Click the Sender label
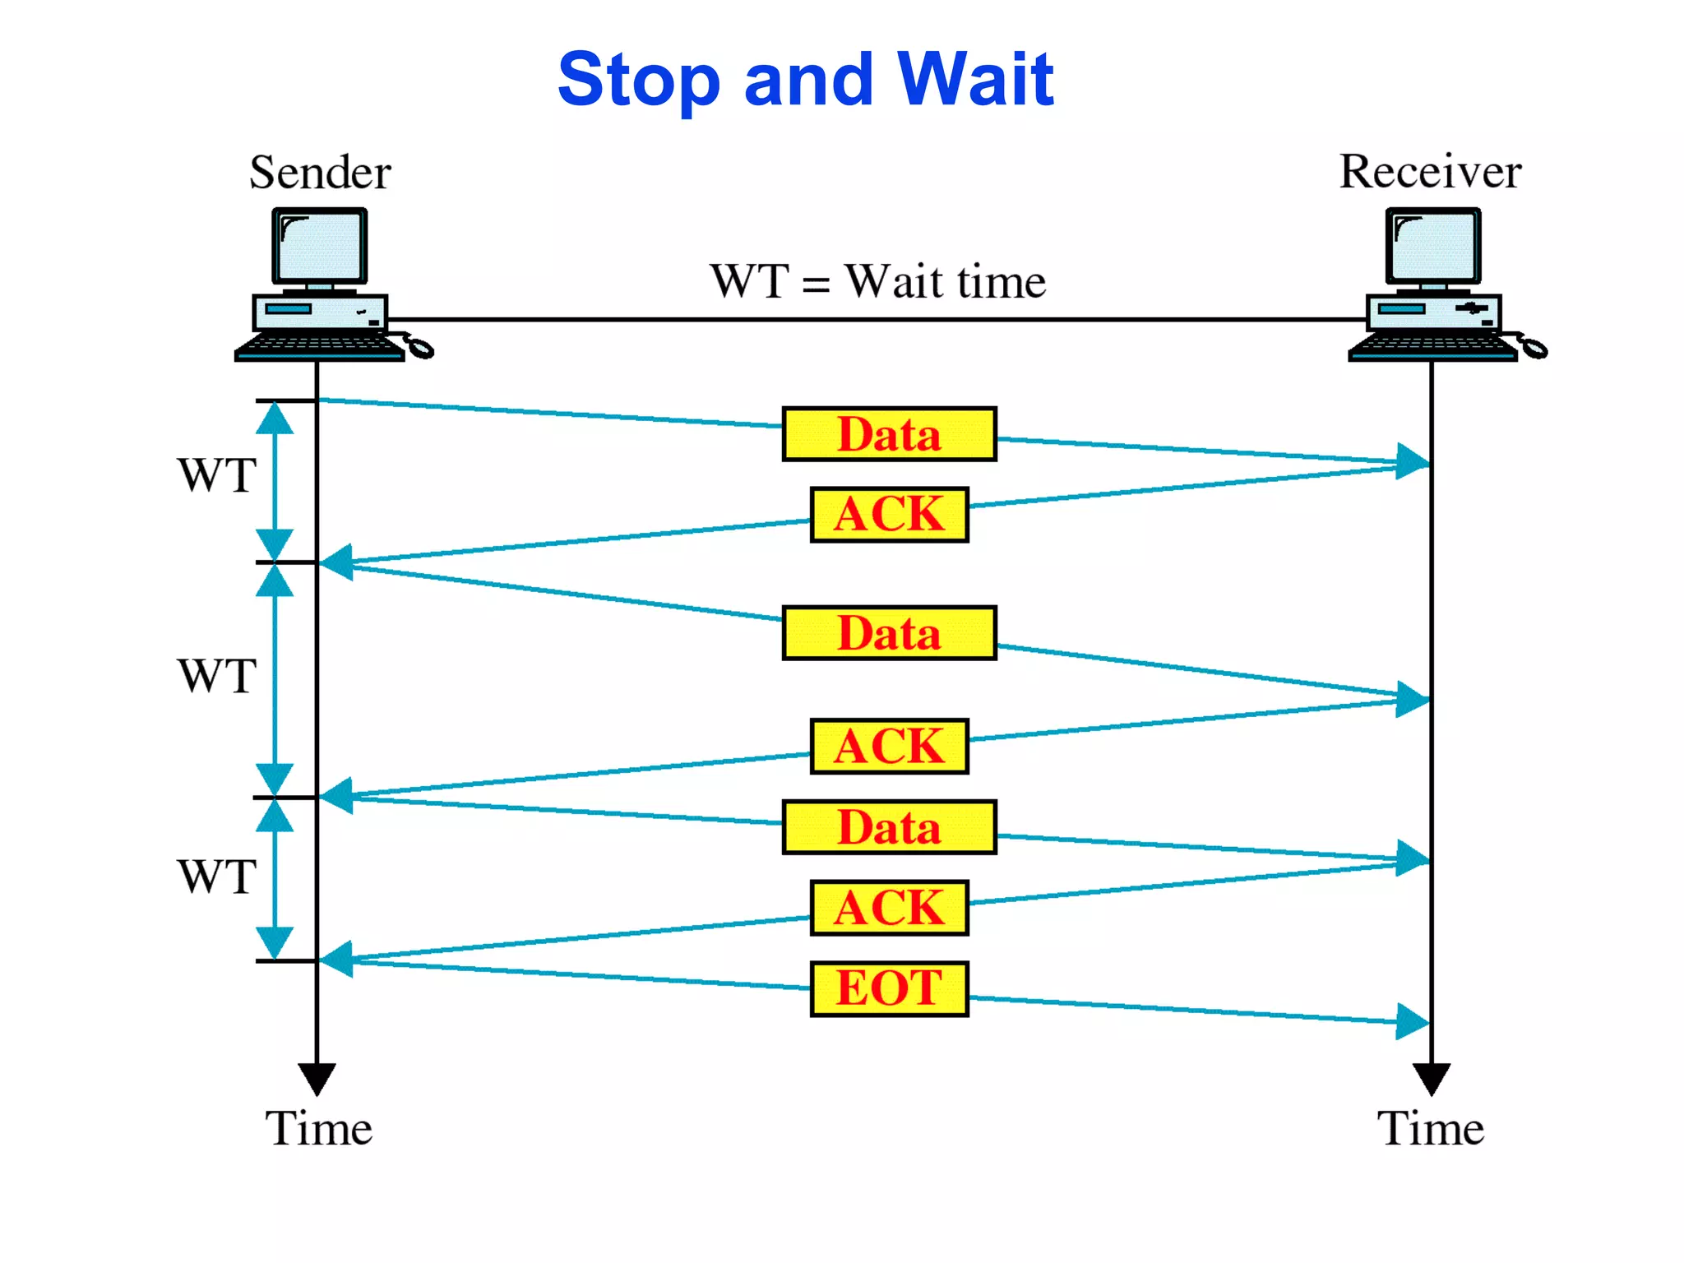tap(320, 173)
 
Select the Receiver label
tap(1430, 172)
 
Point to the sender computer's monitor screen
tap(320, 246)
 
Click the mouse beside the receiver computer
tap(1533, 349)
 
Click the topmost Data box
tap(889, 434)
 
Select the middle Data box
tap(889, 633)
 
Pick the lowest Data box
tap(889, 827)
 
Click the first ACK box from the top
tap(889, 515)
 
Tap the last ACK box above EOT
tap(889, 908)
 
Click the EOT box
tap(889, 988)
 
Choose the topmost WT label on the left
tap(216, 475)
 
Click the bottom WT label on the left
tap(216, 877)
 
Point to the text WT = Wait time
tap(877, 282)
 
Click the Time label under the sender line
tap(318, 1128)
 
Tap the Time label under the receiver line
tap(1430, 1128)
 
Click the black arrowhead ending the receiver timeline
tap(1431, 1078)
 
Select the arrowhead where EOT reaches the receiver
tap(1412, 1022)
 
